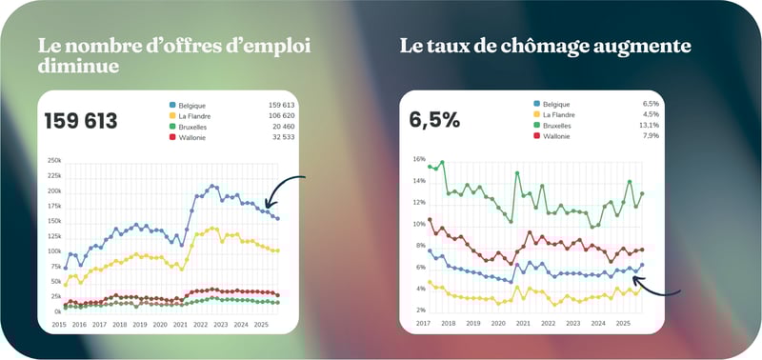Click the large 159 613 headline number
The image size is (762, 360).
tap(81, 121)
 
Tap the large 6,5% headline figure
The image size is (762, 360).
tap(434, 120)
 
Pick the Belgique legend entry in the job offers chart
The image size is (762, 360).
tap(191, 105)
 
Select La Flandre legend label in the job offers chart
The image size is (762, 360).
tap(194, 116)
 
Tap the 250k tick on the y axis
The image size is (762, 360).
tap(54, 160)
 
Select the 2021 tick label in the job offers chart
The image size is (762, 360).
tap(180, 325)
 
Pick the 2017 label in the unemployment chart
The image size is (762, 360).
tap(420, 324)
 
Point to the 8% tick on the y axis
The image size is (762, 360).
tap(418, 246)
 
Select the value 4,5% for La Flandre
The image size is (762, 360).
tap(652, 114)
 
